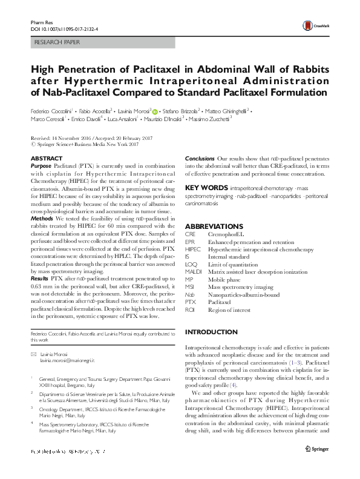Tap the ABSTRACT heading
coord(46,158)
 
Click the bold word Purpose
coord(41,165)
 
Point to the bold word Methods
coord(42,218)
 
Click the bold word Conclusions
coord(199,158)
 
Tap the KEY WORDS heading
coord(206,188)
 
